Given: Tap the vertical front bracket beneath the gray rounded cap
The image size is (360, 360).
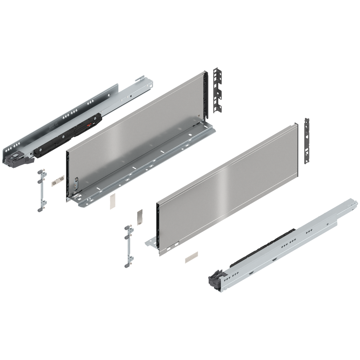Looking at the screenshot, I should [x=128, y=246].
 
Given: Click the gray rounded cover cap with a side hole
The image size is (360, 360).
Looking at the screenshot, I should [x=140, y=218].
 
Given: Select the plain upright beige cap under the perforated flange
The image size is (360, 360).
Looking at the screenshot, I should [x=112, y=201].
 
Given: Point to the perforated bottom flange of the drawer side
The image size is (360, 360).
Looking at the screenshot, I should [x=148, y=165].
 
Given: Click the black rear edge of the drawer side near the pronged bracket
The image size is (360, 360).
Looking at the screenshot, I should [x=208, y=95].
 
